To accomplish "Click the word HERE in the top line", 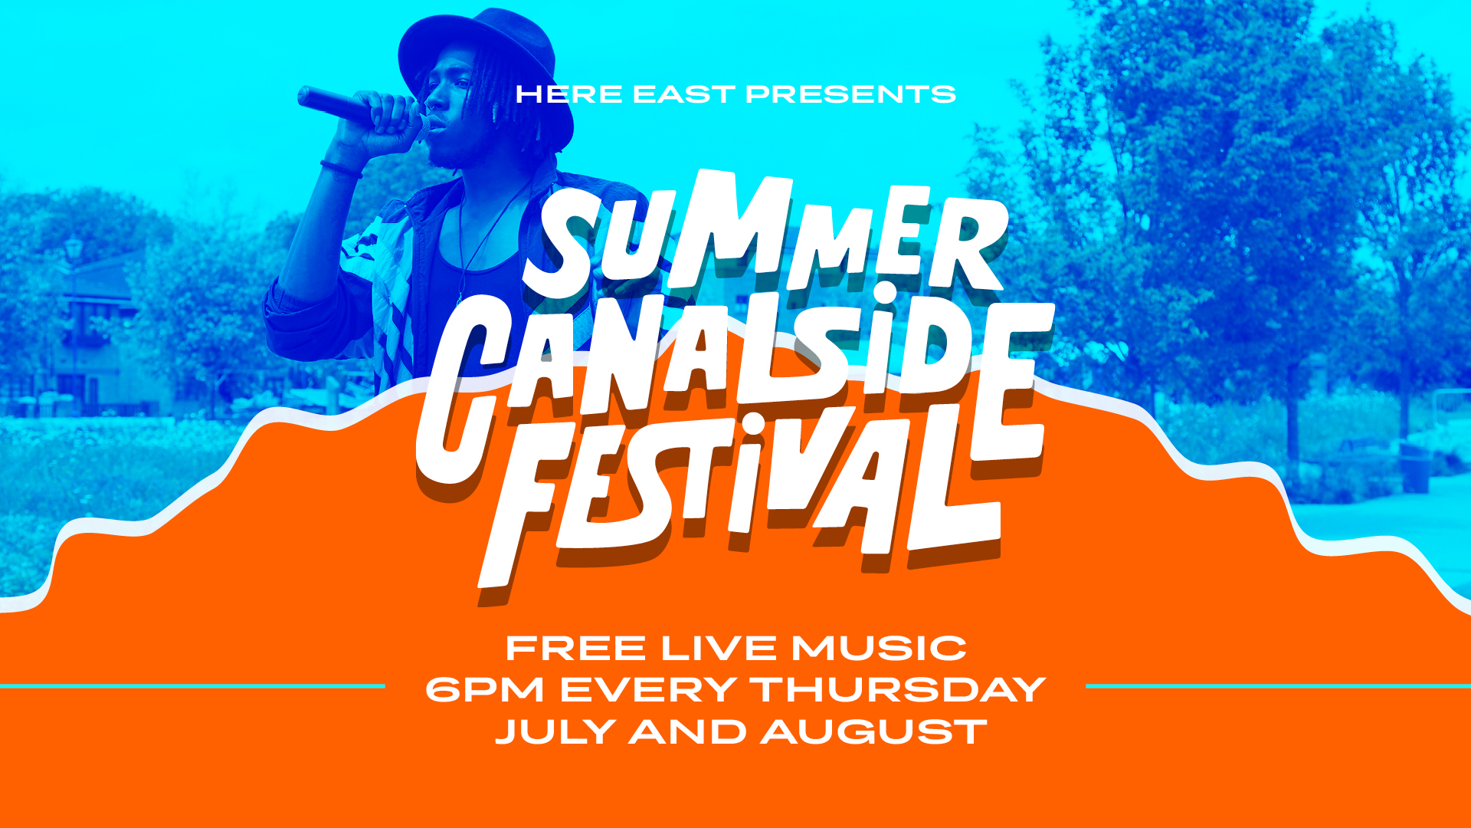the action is coord(569,94).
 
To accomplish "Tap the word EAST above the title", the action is coord(684,94).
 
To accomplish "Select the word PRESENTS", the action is coord(851,94).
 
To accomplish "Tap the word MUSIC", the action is coord(879,649).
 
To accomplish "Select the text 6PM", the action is coord(484,690).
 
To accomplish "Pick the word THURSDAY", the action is coord(898,690).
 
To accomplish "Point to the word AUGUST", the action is coord(874,732).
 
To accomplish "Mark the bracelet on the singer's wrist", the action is coord(341,169).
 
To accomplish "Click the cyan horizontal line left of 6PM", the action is coord(192,686).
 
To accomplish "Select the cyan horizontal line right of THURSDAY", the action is coord(1278,686).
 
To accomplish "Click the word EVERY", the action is coord(648,690).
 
